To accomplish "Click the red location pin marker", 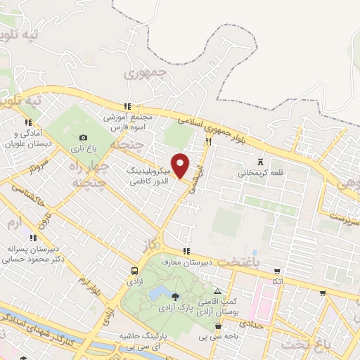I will pyautogui.click(x=181, y=165).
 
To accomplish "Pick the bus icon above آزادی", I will pyautogui.click(x=134, y=271).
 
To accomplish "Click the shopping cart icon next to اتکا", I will pyautogui.click(x=278, y=271).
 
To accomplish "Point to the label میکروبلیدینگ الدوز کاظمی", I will pyautogui.click(x=149, y=176).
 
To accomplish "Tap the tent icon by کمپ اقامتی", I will pyautogui.click(x=218, y=291).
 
